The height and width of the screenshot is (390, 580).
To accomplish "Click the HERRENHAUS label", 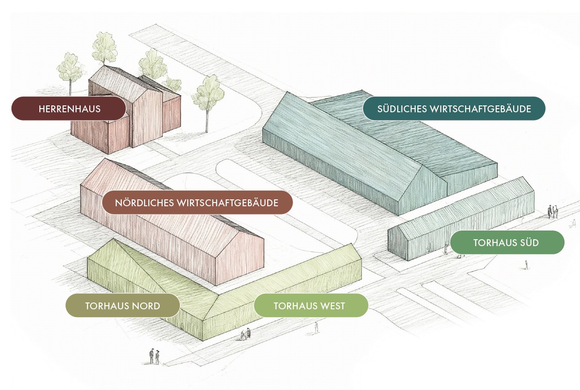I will (x=69, y=109).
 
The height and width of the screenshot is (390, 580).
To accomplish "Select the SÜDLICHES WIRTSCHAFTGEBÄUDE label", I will (x=454, y=109).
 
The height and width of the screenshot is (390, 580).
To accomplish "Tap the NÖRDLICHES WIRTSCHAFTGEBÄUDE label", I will (x=197, y=203).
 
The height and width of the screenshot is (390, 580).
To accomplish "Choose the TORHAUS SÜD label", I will (x=506, y=242).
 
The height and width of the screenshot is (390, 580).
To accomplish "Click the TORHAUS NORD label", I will (x=122, y=306).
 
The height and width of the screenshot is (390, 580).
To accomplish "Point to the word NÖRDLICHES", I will (x=144, y=203).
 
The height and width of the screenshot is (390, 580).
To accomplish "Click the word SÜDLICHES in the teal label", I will (x=402, y=109).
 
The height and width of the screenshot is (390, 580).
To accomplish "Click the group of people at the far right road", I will (x=553, y=211).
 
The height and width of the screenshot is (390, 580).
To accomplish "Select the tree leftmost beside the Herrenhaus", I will (x=70, y=71).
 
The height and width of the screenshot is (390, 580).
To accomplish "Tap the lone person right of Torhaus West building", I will (x=316, y=327).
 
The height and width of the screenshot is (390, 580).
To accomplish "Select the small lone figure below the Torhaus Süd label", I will (x=526, y=264).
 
